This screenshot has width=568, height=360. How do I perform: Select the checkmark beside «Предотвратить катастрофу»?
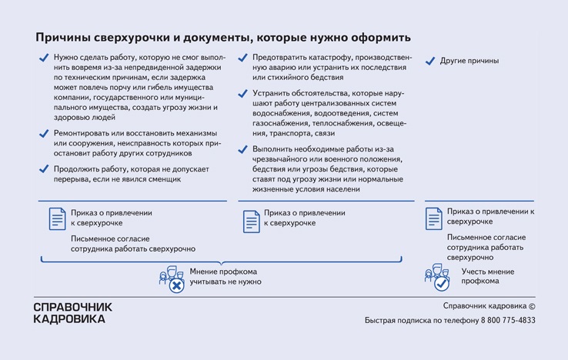[x=242, y=58]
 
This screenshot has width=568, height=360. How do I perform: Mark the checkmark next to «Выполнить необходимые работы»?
[x=242, y=148]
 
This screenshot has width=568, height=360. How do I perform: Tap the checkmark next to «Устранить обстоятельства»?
[x=242, y=93]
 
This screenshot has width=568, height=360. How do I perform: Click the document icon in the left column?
[x=58, y=219]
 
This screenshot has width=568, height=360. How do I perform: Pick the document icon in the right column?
[x=434, y=218]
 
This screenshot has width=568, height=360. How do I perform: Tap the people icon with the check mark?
[x=439, y=278]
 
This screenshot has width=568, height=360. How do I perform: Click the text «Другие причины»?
[x=469, y=61]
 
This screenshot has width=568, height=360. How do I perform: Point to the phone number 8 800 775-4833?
[x=504, y=320]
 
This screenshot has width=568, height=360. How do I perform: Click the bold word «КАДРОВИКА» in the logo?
[x=69, y=318]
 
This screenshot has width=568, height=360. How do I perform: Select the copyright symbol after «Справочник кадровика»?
[x=531, y=305]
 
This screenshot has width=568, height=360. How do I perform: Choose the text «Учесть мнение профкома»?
[x=487, y=276]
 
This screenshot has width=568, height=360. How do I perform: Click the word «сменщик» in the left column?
[x=161, y=179]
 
